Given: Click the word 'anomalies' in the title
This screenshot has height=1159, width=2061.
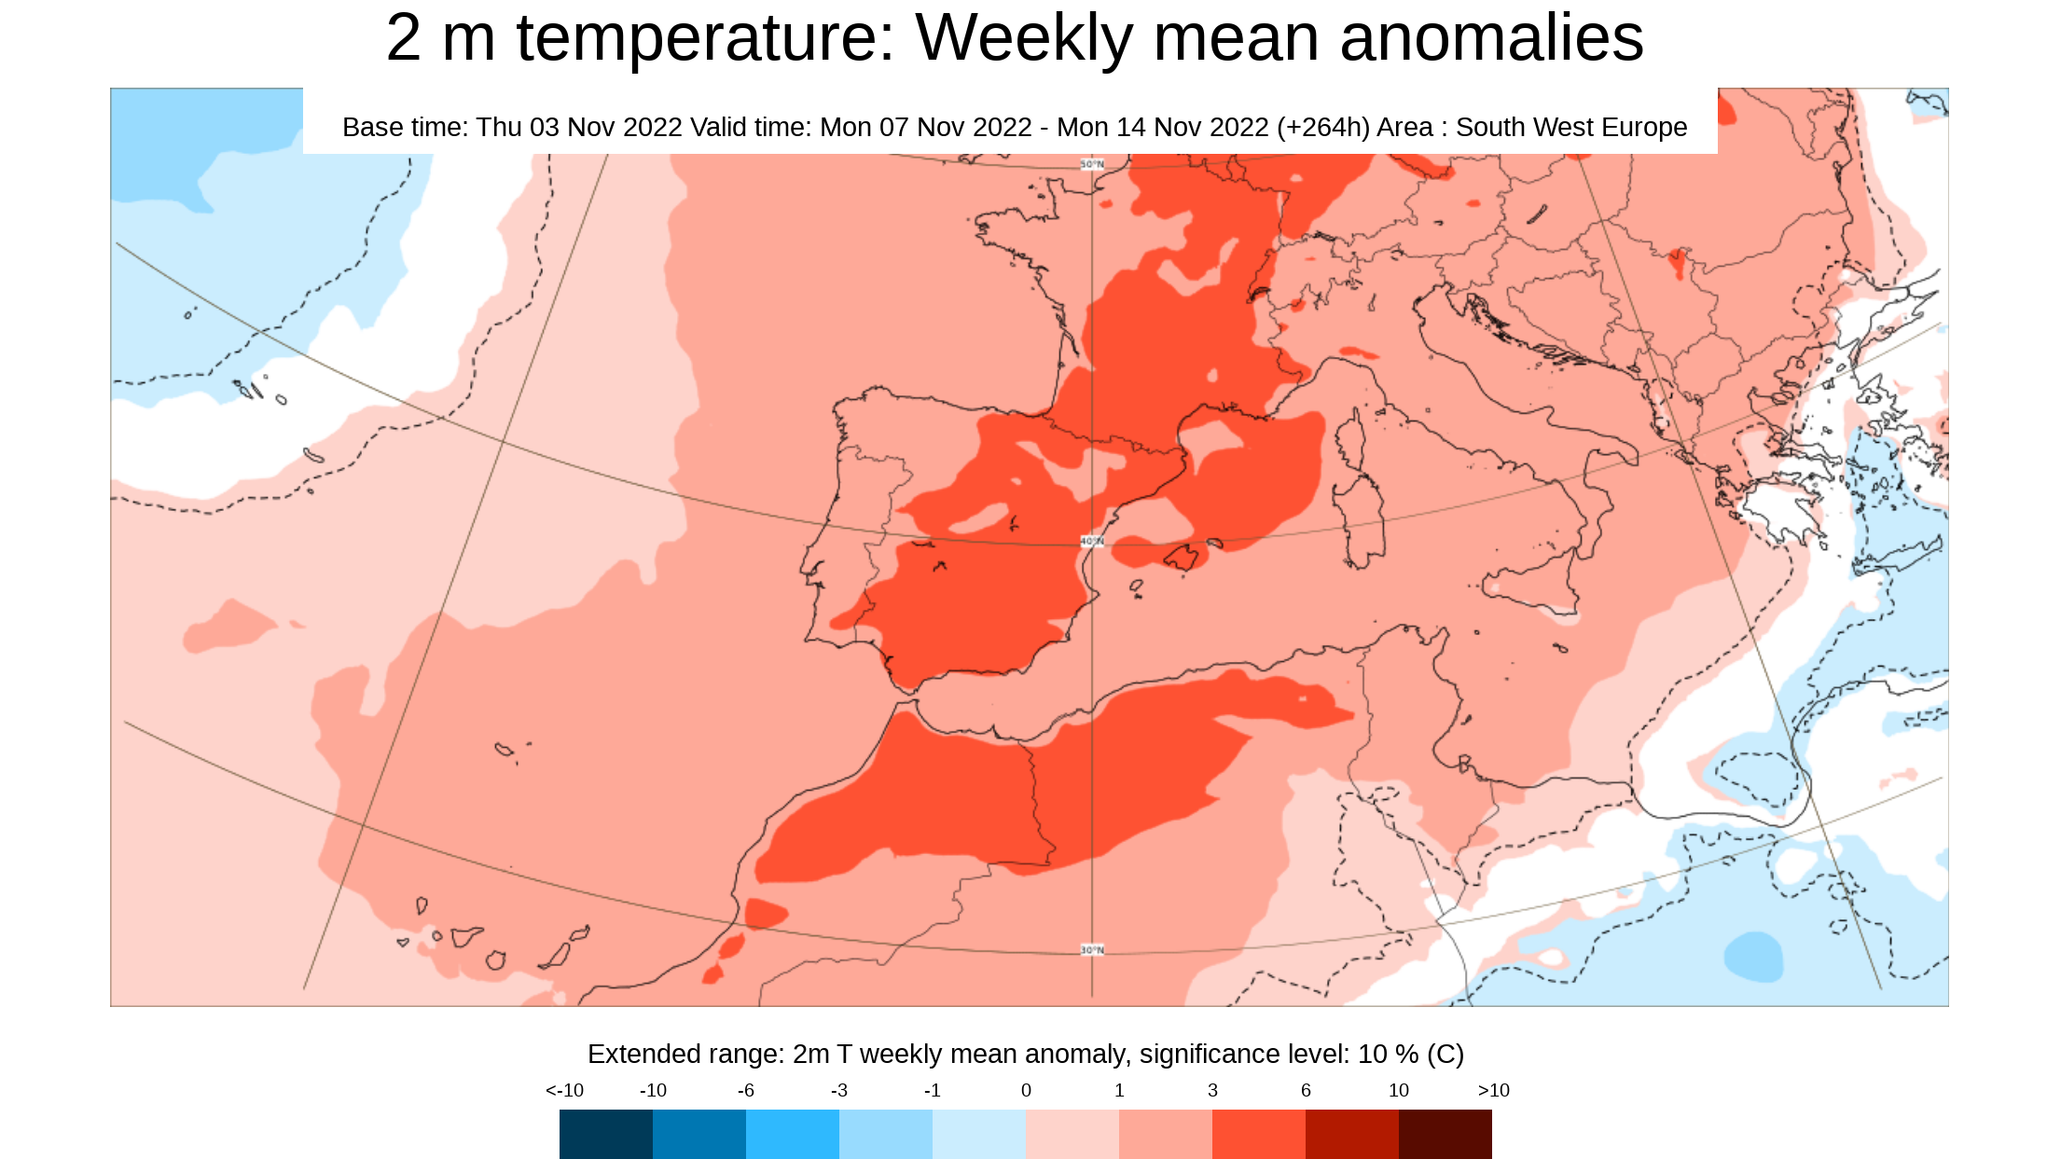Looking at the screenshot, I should click(1491, 39).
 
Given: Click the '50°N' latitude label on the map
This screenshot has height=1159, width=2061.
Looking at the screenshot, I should click(1092, 164).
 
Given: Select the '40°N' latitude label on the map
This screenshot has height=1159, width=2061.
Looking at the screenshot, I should click(1092, 541).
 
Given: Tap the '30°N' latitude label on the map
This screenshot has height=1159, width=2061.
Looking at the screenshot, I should click(1092, 949).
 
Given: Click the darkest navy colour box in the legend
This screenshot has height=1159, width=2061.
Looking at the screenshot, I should click(606, 1134).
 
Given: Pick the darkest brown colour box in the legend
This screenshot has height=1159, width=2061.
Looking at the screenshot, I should click(1445, 1134).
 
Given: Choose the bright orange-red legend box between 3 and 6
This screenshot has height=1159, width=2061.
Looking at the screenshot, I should click(1258, 1134).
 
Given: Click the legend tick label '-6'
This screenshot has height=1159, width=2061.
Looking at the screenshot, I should click(745, 1090).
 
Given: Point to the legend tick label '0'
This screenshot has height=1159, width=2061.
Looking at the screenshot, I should click(1026, 1090).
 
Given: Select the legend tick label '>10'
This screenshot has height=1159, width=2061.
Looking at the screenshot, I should click(1493, 1090).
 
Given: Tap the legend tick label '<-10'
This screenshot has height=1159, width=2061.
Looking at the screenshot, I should click(564, 1090).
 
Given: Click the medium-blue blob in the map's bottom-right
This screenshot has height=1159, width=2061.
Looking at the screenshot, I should click(1753, 957).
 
